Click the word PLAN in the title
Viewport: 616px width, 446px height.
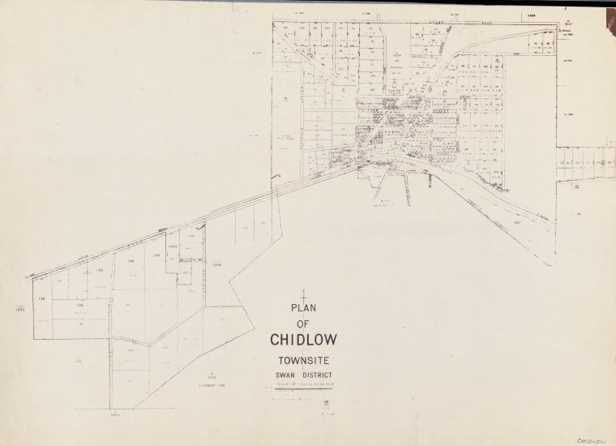coord(302,308)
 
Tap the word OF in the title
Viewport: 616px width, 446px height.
coord(302,323)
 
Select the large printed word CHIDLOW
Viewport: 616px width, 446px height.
coord(303,340)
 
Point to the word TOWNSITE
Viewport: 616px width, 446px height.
coord(302,362)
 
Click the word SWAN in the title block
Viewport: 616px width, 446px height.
coord(285,375)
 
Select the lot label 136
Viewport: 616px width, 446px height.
coord(42,298)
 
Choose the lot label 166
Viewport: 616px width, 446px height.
coord(130,261)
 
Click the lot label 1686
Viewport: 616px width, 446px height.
coord(173,246)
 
